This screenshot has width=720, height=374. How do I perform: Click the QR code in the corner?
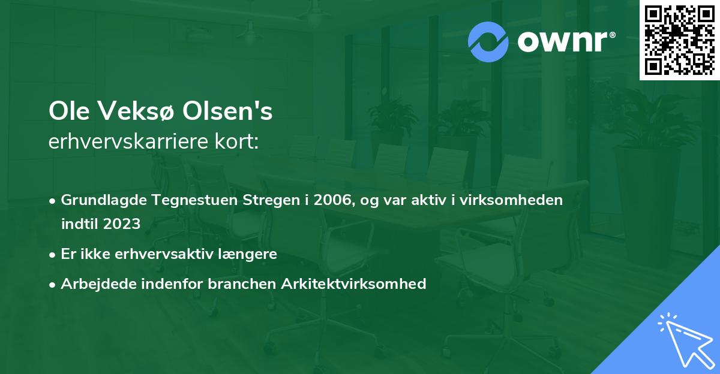pyautogui.click(x=680, y=40)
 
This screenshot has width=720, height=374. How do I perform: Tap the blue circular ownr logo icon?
pyautogui.click(x=488, y=42)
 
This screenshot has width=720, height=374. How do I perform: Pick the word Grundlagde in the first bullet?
pyautogui.click(x=98, y=200)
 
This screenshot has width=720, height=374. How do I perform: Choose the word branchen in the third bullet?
pyautogui.click(x=247, y=284)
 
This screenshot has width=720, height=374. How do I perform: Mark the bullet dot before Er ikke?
pyautogui.click(x=53, y=254)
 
